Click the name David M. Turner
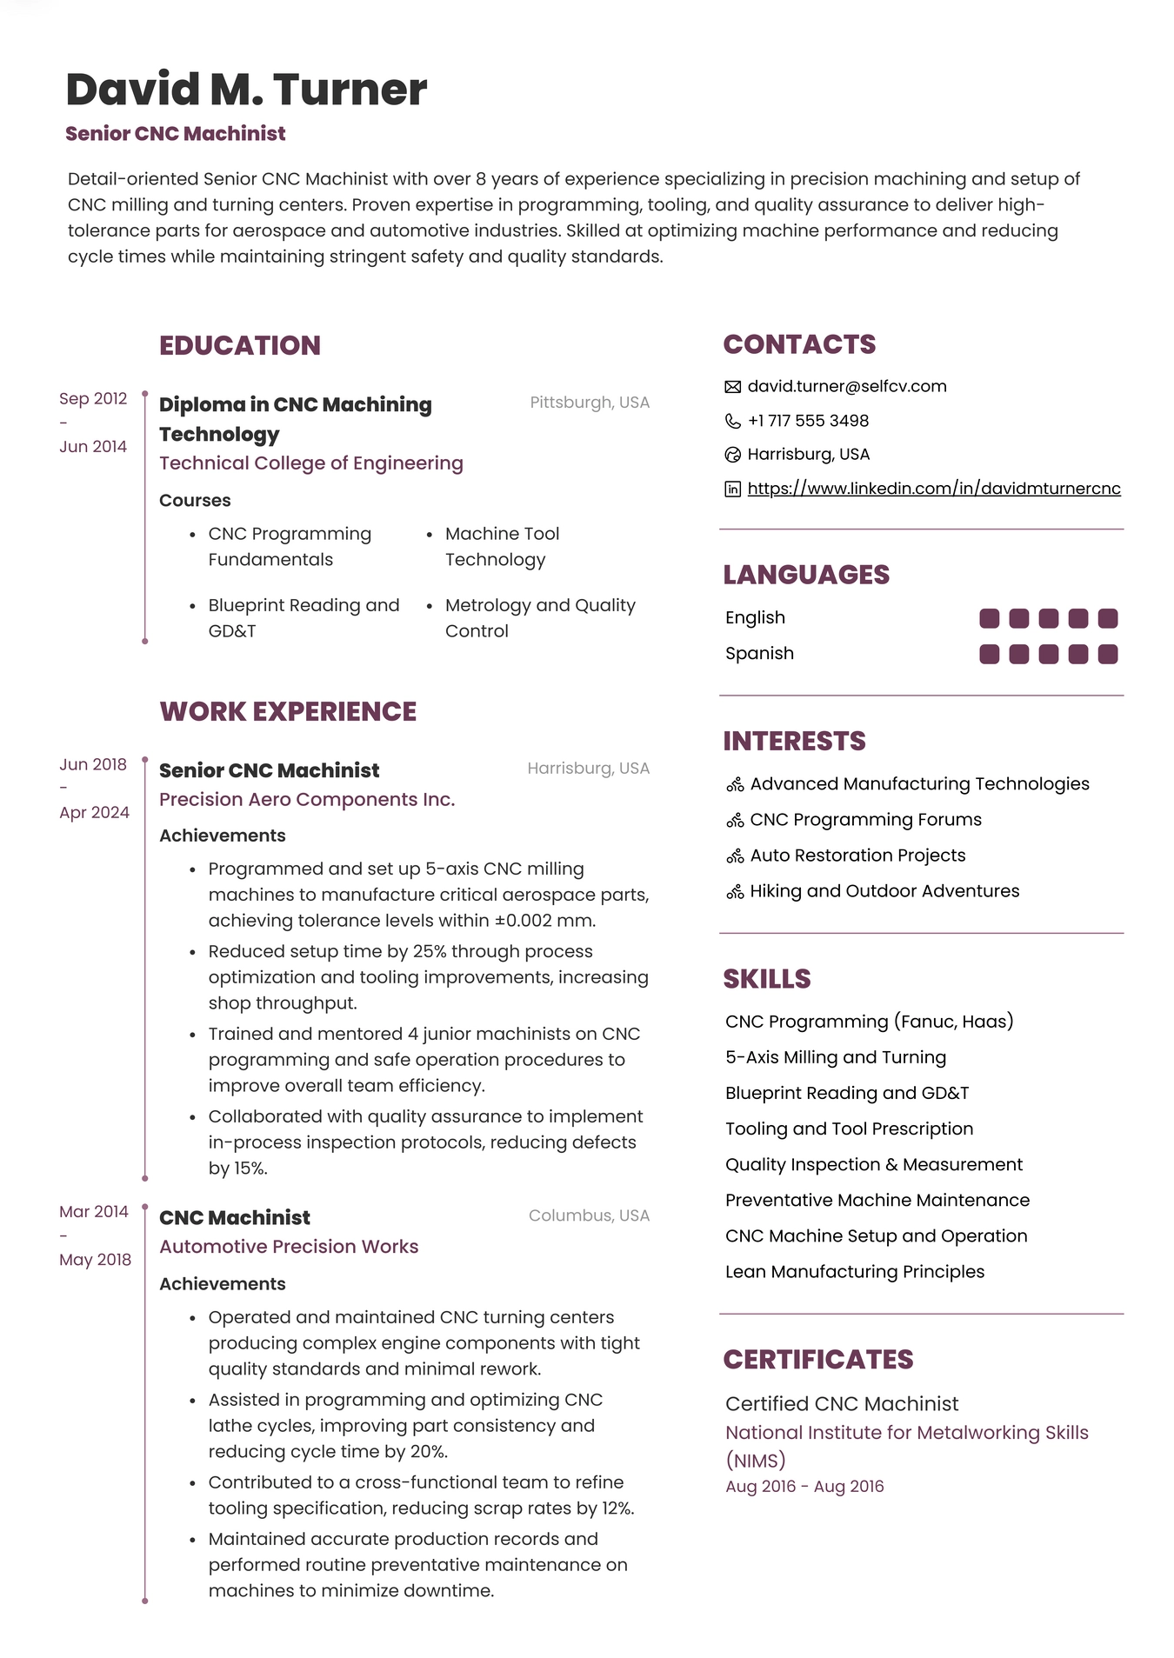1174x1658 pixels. pyautogui.click(x=246, y=90)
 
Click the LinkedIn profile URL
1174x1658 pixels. pyautogui.click(x=933, y=489)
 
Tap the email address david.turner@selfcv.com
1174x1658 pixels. pyautogui.click(x=846, y=386)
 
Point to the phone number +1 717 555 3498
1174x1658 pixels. pyautogui.click(x=808, y=421)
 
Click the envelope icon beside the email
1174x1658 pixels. pyautogui.click(x=733, y=387)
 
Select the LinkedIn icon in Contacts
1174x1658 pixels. pyautogui.click(x=733, y=489)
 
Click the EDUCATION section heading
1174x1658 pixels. pyautogui.click(x=240, y=345)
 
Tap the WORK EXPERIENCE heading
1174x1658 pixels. pyautogui.click(x=288, y=711)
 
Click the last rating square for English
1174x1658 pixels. pyautogui.click(x=1107, y=618)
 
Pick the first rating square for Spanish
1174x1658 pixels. pyautogui.click(x=989, y=654)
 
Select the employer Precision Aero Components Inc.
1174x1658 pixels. pyautogui.click(x=307, y=799)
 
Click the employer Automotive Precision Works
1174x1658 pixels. pyautogui.click(x=289, y=1246)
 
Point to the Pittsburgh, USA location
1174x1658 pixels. pyautogui.click(x=590, y=403)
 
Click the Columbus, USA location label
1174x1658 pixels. pyautogui.click(x=589, y=1215)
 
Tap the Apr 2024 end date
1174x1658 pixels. pyautogui.click(x=94, y=812)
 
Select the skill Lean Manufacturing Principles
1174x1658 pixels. pyautogui.click(x=855, y=1271)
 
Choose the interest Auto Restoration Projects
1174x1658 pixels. pyautogui.click(x=857, y=856)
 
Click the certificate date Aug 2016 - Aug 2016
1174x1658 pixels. pyautogui.click(x=804, y=1486)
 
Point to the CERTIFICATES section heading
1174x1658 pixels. pyautogui.click(x=818, y=1359)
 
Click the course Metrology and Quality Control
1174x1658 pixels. pyautogui.click(x=539, y=617)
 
